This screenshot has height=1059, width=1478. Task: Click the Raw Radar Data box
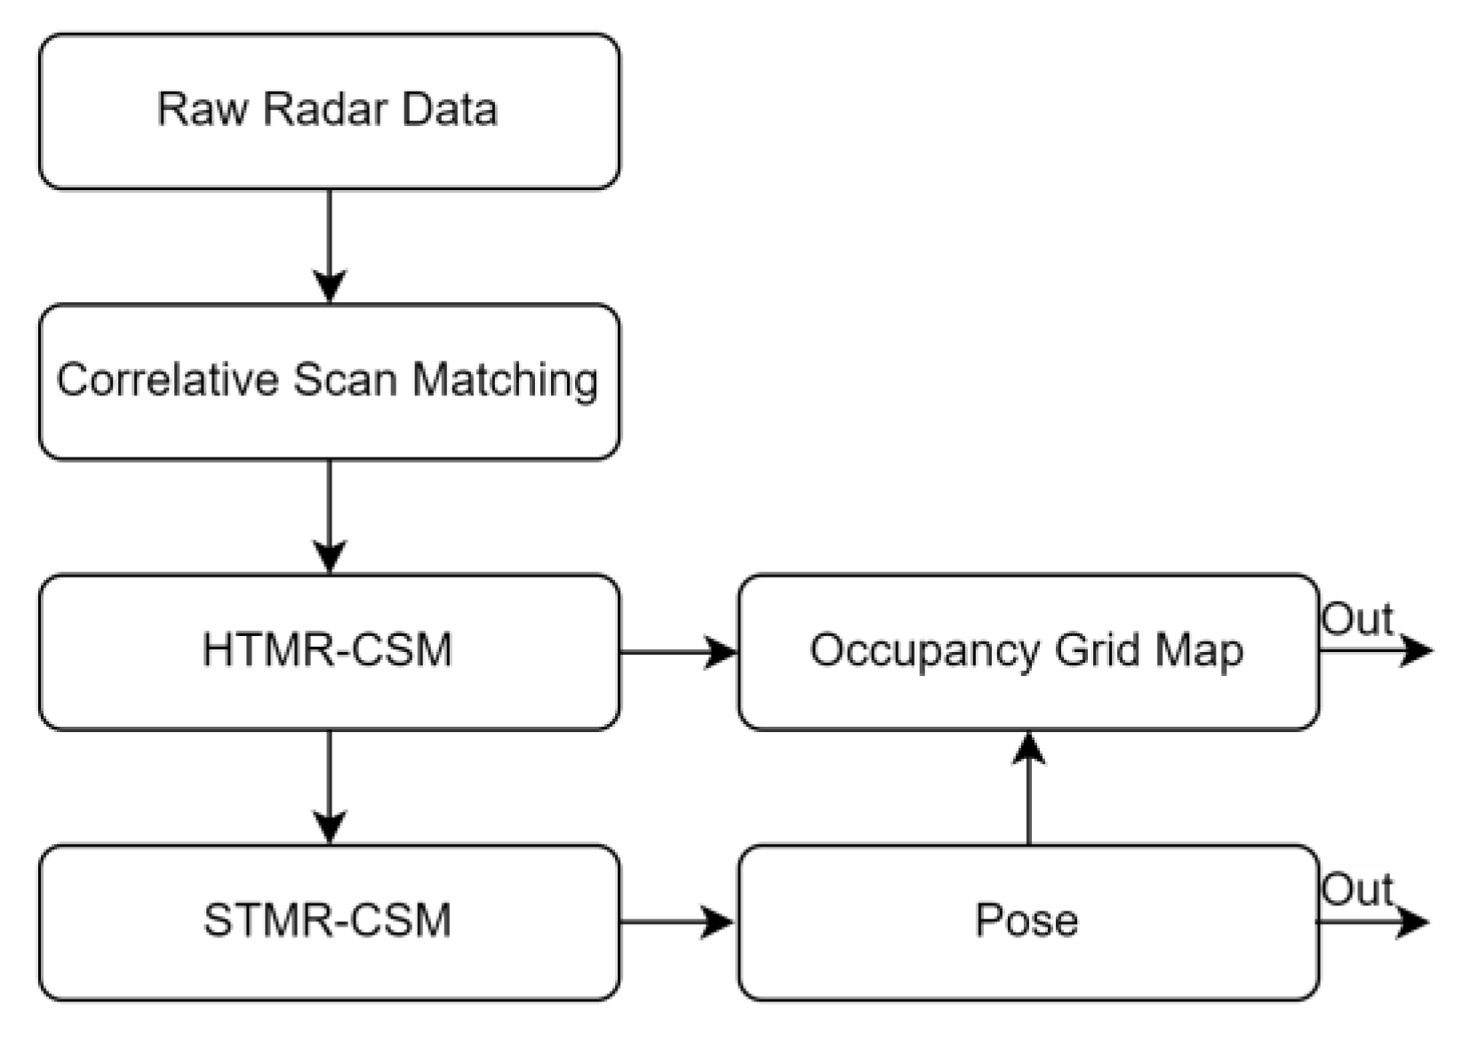point(329,111)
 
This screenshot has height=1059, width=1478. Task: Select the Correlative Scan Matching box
point(329,382)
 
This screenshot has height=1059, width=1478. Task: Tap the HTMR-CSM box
point(329,651)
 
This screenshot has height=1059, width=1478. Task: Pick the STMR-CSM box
point(329,922)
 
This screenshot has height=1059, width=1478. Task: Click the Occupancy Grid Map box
point(1027,651)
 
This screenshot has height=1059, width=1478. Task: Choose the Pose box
point(1027,922)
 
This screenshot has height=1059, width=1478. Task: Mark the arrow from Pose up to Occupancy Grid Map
point(1028,787)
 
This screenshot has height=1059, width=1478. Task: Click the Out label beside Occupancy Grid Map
point(1356,619)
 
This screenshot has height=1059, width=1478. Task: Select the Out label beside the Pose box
point(1356,889)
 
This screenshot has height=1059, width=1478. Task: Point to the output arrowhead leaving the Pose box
point(1413,922)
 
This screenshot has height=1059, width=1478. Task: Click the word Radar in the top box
point(325,109)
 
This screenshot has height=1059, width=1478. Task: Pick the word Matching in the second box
point(506,381)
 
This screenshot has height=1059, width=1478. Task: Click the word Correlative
point(168,380)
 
